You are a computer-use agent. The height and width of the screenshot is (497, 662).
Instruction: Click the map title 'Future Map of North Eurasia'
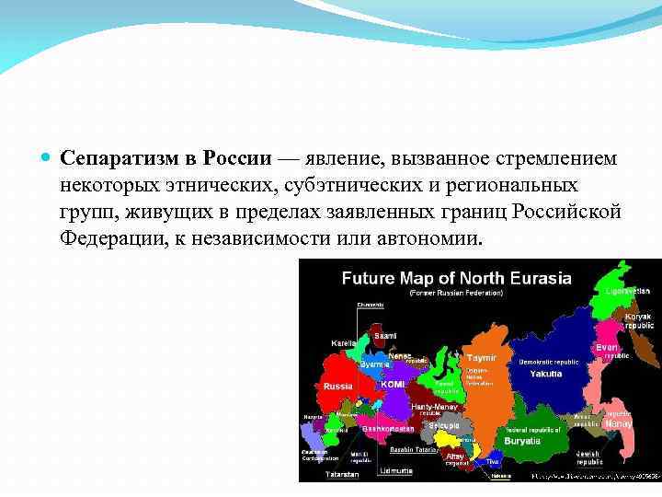456,278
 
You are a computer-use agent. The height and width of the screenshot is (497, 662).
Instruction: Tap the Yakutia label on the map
546,374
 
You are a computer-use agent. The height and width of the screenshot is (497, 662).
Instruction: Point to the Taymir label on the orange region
481,357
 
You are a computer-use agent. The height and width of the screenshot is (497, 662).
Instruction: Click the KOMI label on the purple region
393,384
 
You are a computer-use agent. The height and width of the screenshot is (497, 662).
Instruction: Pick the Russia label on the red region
337,386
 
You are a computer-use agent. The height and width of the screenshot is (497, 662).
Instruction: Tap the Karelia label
344,342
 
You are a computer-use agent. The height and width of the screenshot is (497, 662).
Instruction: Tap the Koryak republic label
638,321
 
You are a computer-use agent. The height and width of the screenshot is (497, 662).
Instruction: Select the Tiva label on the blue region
493,461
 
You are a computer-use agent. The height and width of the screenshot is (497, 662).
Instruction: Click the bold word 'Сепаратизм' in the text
117,157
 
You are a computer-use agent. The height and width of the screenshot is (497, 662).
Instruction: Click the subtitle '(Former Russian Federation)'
456,293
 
